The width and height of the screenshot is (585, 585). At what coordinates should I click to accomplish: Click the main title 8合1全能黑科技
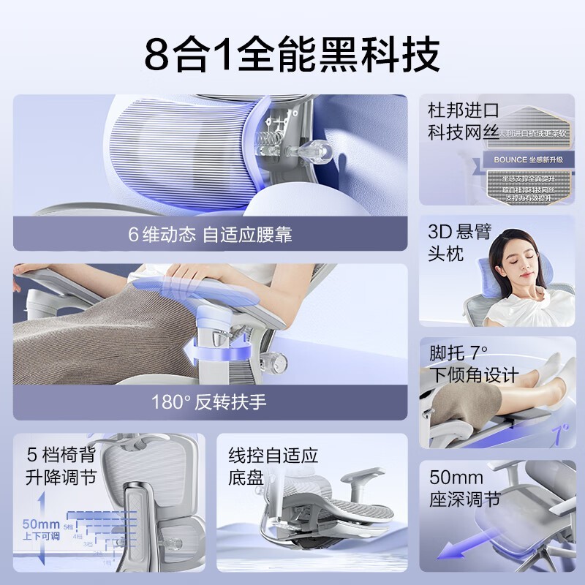pyautogui.click(x=292, y=53)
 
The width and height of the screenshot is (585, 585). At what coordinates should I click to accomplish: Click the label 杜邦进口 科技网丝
pyautogui.click(x=462, y=121)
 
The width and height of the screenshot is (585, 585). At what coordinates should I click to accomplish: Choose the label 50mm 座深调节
pyautogui.click(x=465, y=489)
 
